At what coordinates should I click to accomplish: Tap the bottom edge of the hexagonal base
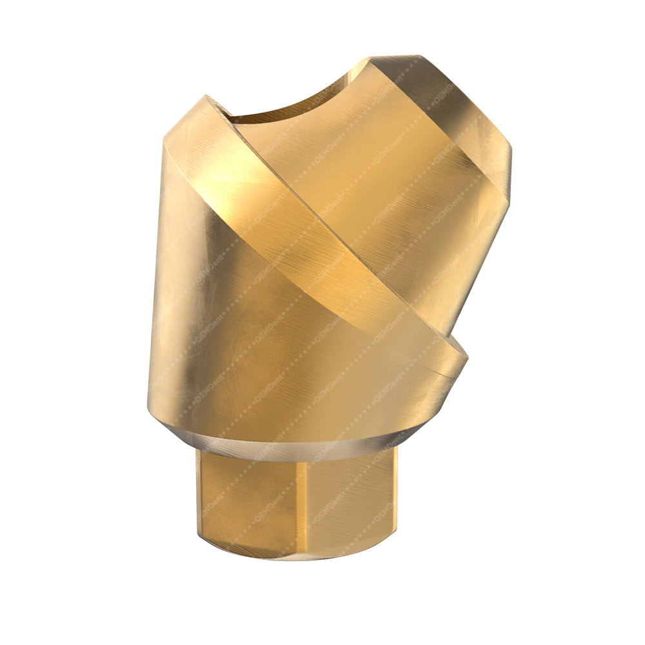click(x=297, y=558)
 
